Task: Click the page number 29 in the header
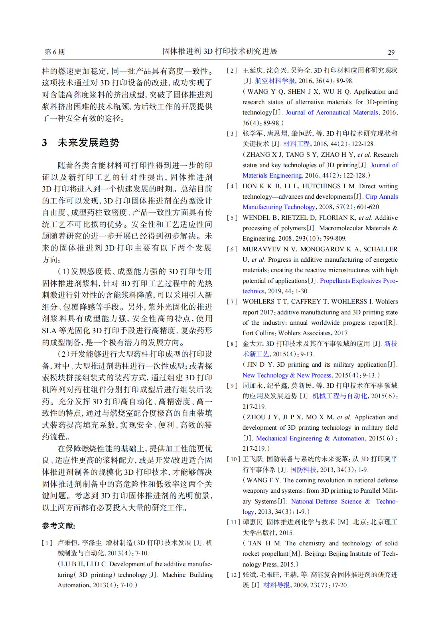point(391,52)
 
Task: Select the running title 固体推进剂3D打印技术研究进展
point(220,51)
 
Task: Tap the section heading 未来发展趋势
point(88,142)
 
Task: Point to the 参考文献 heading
point(59,526)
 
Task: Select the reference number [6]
point(232,249)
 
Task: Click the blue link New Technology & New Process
point(287,375)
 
